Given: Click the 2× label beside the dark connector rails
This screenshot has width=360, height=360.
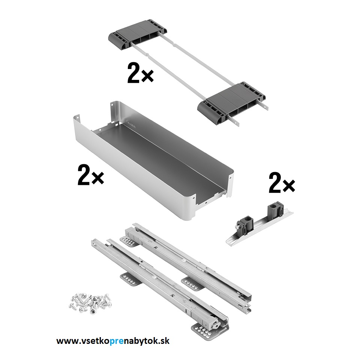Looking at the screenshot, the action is (140, 73).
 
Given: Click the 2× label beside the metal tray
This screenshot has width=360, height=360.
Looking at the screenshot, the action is (91, 175).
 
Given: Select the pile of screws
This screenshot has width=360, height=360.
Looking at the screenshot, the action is (90, 301).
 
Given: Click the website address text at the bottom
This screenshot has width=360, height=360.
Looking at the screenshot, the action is (113, 340).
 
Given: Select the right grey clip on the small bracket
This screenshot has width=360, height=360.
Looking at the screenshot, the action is (274, 210).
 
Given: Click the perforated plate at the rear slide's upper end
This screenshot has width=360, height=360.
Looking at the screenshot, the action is (129, 241).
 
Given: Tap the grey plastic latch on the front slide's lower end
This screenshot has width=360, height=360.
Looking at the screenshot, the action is (210, 321).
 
